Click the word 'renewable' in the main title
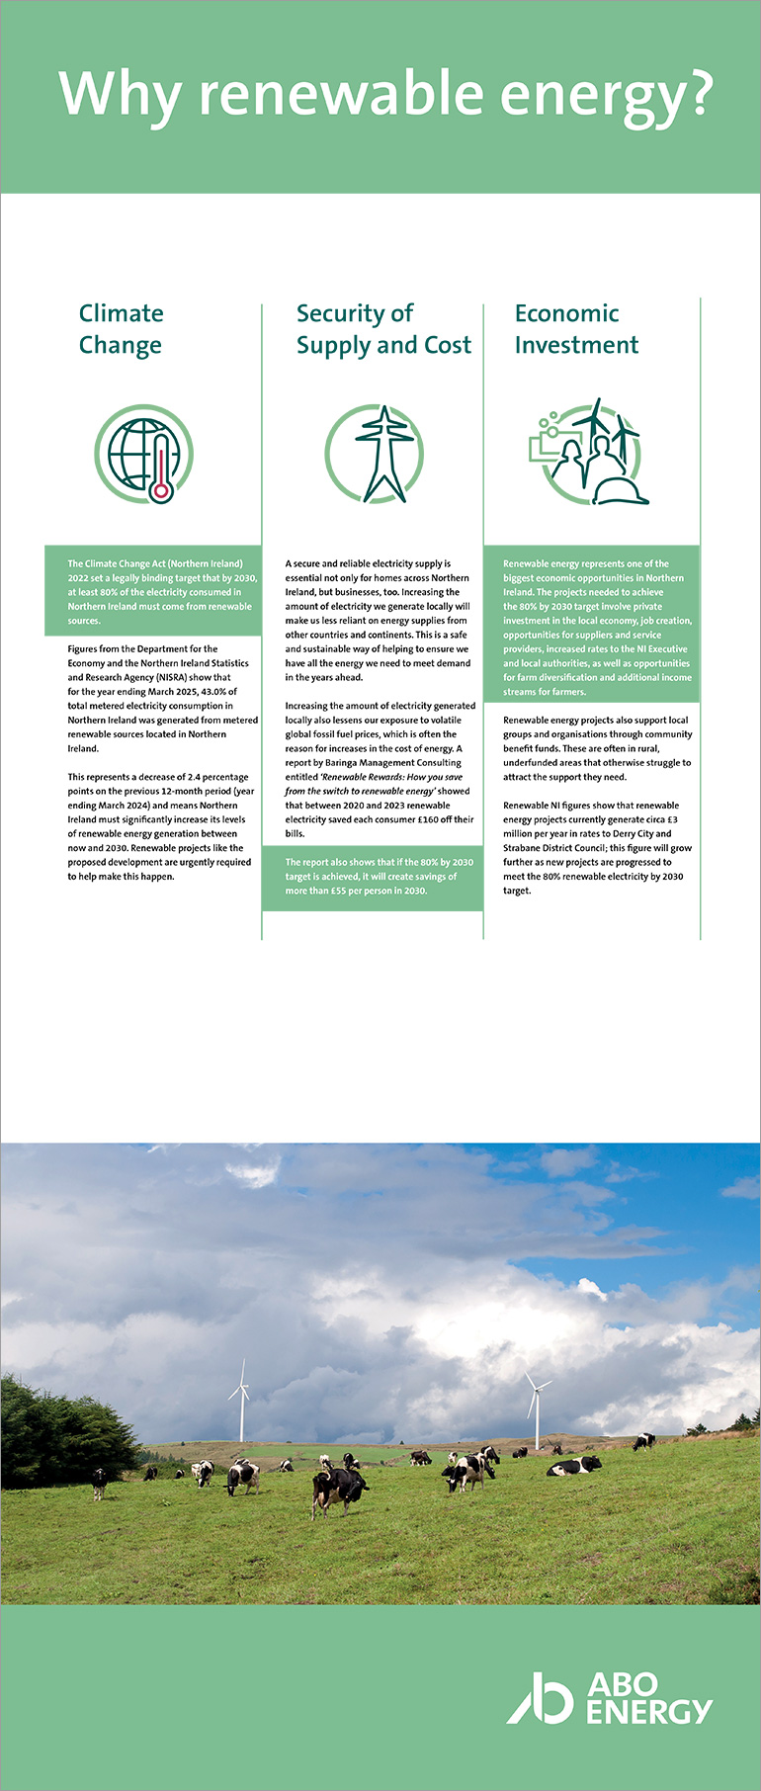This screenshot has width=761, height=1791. pyautogui.click(x=342, y=95)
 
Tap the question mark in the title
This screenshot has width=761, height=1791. pyautogui.click(x=698, y=95)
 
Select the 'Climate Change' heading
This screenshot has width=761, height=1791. pyautogui.click(x=121, y=329)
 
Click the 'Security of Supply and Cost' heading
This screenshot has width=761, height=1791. pyautogui.click(x=383, y=329)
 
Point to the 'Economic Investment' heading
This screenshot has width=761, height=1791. pyautogui.click(x=576, y=329)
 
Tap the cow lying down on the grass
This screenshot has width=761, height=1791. pyautogui.click(x=574, y=1466)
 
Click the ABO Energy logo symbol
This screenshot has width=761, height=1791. pyautogui.click(x=541, y=1697)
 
